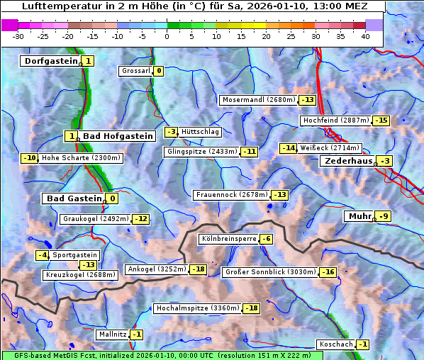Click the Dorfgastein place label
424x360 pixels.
click(50, 62)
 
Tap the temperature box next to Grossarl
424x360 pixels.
click(159, 71)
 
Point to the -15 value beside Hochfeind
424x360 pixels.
click(381, 120)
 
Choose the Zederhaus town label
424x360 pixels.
click(348, 162)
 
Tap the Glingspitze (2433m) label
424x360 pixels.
click(203, 152)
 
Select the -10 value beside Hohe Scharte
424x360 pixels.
click(29, 158)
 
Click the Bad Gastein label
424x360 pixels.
click(74, 198)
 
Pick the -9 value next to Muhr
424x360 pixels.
click(384, 216)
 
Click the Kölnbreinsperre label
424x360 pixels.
click(228, 240)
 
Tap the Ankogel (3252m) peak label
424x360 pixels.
click(155, 269)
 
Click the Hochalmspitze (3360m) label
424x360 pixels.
click(198, 308)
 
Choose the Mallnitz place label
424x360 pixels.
click(112, 334)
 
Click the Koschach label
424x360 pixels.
click(335, 344)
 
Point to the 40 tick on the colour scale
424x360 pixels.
click(365, 35)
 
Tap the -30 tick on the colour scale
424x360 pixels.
click(18, 35)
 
